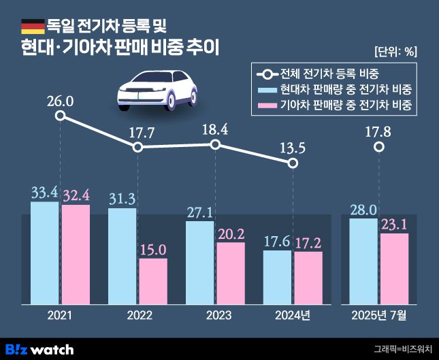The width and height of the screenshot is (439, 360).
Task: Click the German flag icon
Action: click(x=32, y=27)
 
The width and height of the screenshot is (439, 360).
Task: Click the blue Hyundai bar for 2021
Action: click(x=44, y=252)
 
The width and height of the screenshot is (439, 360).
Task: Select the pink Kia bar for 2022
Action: click(x=153, y=280)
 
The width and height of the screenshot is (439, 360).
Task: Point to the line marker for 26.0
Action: click(x=60, y=116)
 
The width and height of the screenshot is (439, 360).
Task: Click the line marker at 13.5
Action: click(x=293, y=163)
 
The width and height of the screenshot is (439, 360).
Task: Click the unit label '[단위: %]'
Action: click(x=396, y=51)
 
